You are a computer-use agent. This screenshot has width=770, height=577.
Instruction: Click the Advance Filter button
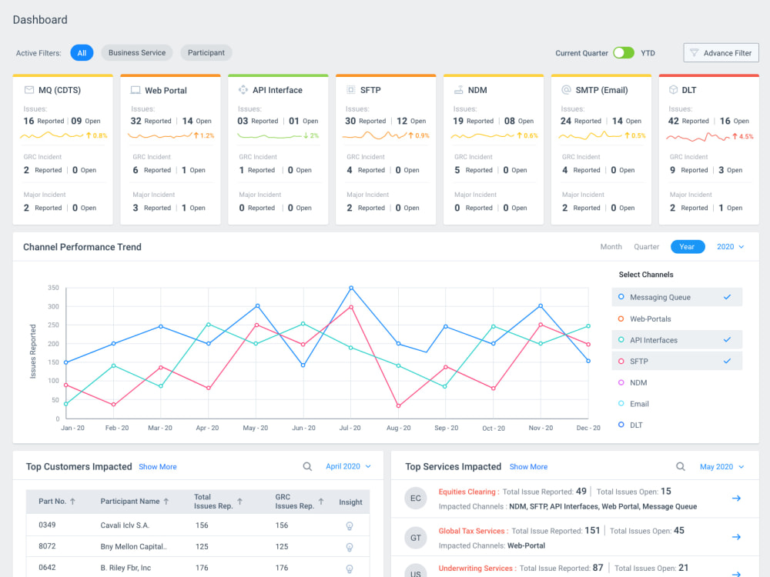tap(721, 53)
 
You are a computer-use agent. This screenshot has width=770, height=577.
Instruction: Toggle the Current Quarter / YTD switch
tap(624, 53)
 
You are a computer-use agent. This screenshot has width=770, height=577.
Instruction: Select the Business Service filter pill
tap(137, 53)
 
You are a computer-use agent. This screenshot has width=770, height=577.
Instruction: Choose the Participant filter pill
tap(206, 53)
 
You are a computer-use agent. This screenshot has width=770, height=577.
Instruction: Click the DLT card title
tap(689, 90)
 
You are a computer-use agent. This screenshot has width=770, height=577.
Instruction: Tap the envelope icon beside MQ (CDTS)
tap(29, 90)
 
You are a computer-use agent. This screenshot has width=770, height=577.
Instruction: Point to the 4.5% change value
tap(746, 136)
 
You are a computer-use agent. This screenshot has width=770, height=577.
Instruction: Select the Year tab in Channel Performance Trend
tap(688, 247)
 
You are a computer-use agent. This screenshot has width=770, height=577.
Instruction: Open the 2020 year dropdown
tap(730, 247)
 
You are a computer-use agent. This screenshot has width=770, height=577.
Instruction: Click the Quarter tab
tap(646, 247)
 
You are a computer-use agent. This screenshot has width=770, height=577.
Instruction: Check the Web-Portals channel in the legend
tap(650, 319)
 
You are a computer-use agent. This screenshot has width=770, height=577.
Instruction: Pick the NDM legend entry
tap(638, 382)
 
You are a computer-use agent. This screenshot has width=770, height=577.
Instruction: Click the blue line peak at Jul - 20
tap(351, 288)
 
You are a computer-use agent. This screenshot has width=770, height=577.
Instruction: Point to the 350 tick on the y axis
tap(54, 288)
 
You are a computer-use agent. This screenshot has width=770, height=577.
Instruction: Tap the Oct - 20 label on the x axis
tap(494, 429)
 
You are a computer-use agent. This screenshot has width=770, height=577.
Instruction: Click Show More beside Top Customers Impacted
tap(158, 467)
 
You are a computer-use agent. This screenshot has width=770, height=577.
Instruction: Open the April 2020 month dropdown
tap(348, 467)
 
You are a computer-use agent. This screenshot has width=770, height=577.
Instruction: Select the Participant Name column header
tap(130, 502)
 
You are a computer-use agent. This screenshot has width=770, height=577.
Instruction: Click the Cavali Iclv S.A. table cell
tap(125, 525)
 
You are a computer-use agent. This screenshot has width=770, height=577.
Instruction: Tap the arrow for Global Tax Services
tap(736, 537)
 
